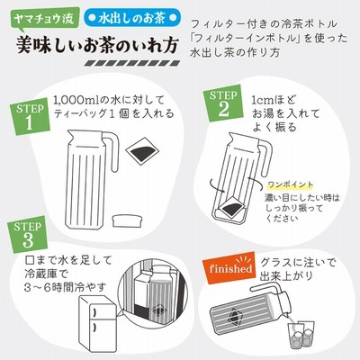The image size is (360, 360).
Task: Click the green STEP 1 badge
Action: click(30, 116)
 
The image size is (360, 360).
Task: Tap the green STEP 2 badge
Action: click(223, 103)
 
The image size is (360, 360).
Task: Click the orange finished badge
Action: click(229, 268)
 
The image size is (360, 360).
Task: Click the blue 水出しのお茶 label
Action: click(132, 19)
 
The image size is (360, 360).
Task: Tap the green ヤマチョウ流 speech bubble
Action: click(44, 20)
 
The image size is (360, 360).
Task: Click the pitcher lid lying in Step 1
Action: click(128, 220)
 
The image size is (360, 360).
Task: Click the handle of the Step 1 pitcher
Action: click(112, 151)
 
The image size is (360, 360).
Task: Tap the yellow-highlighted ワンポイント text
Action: click(290, 185)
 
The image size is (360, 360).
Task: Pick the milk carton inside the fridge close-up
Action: click(142, 298)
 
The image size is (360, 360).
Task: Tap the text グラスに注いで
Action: click(298, 263)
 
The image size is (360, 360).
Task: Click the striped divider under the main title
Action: click(132, 63)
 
